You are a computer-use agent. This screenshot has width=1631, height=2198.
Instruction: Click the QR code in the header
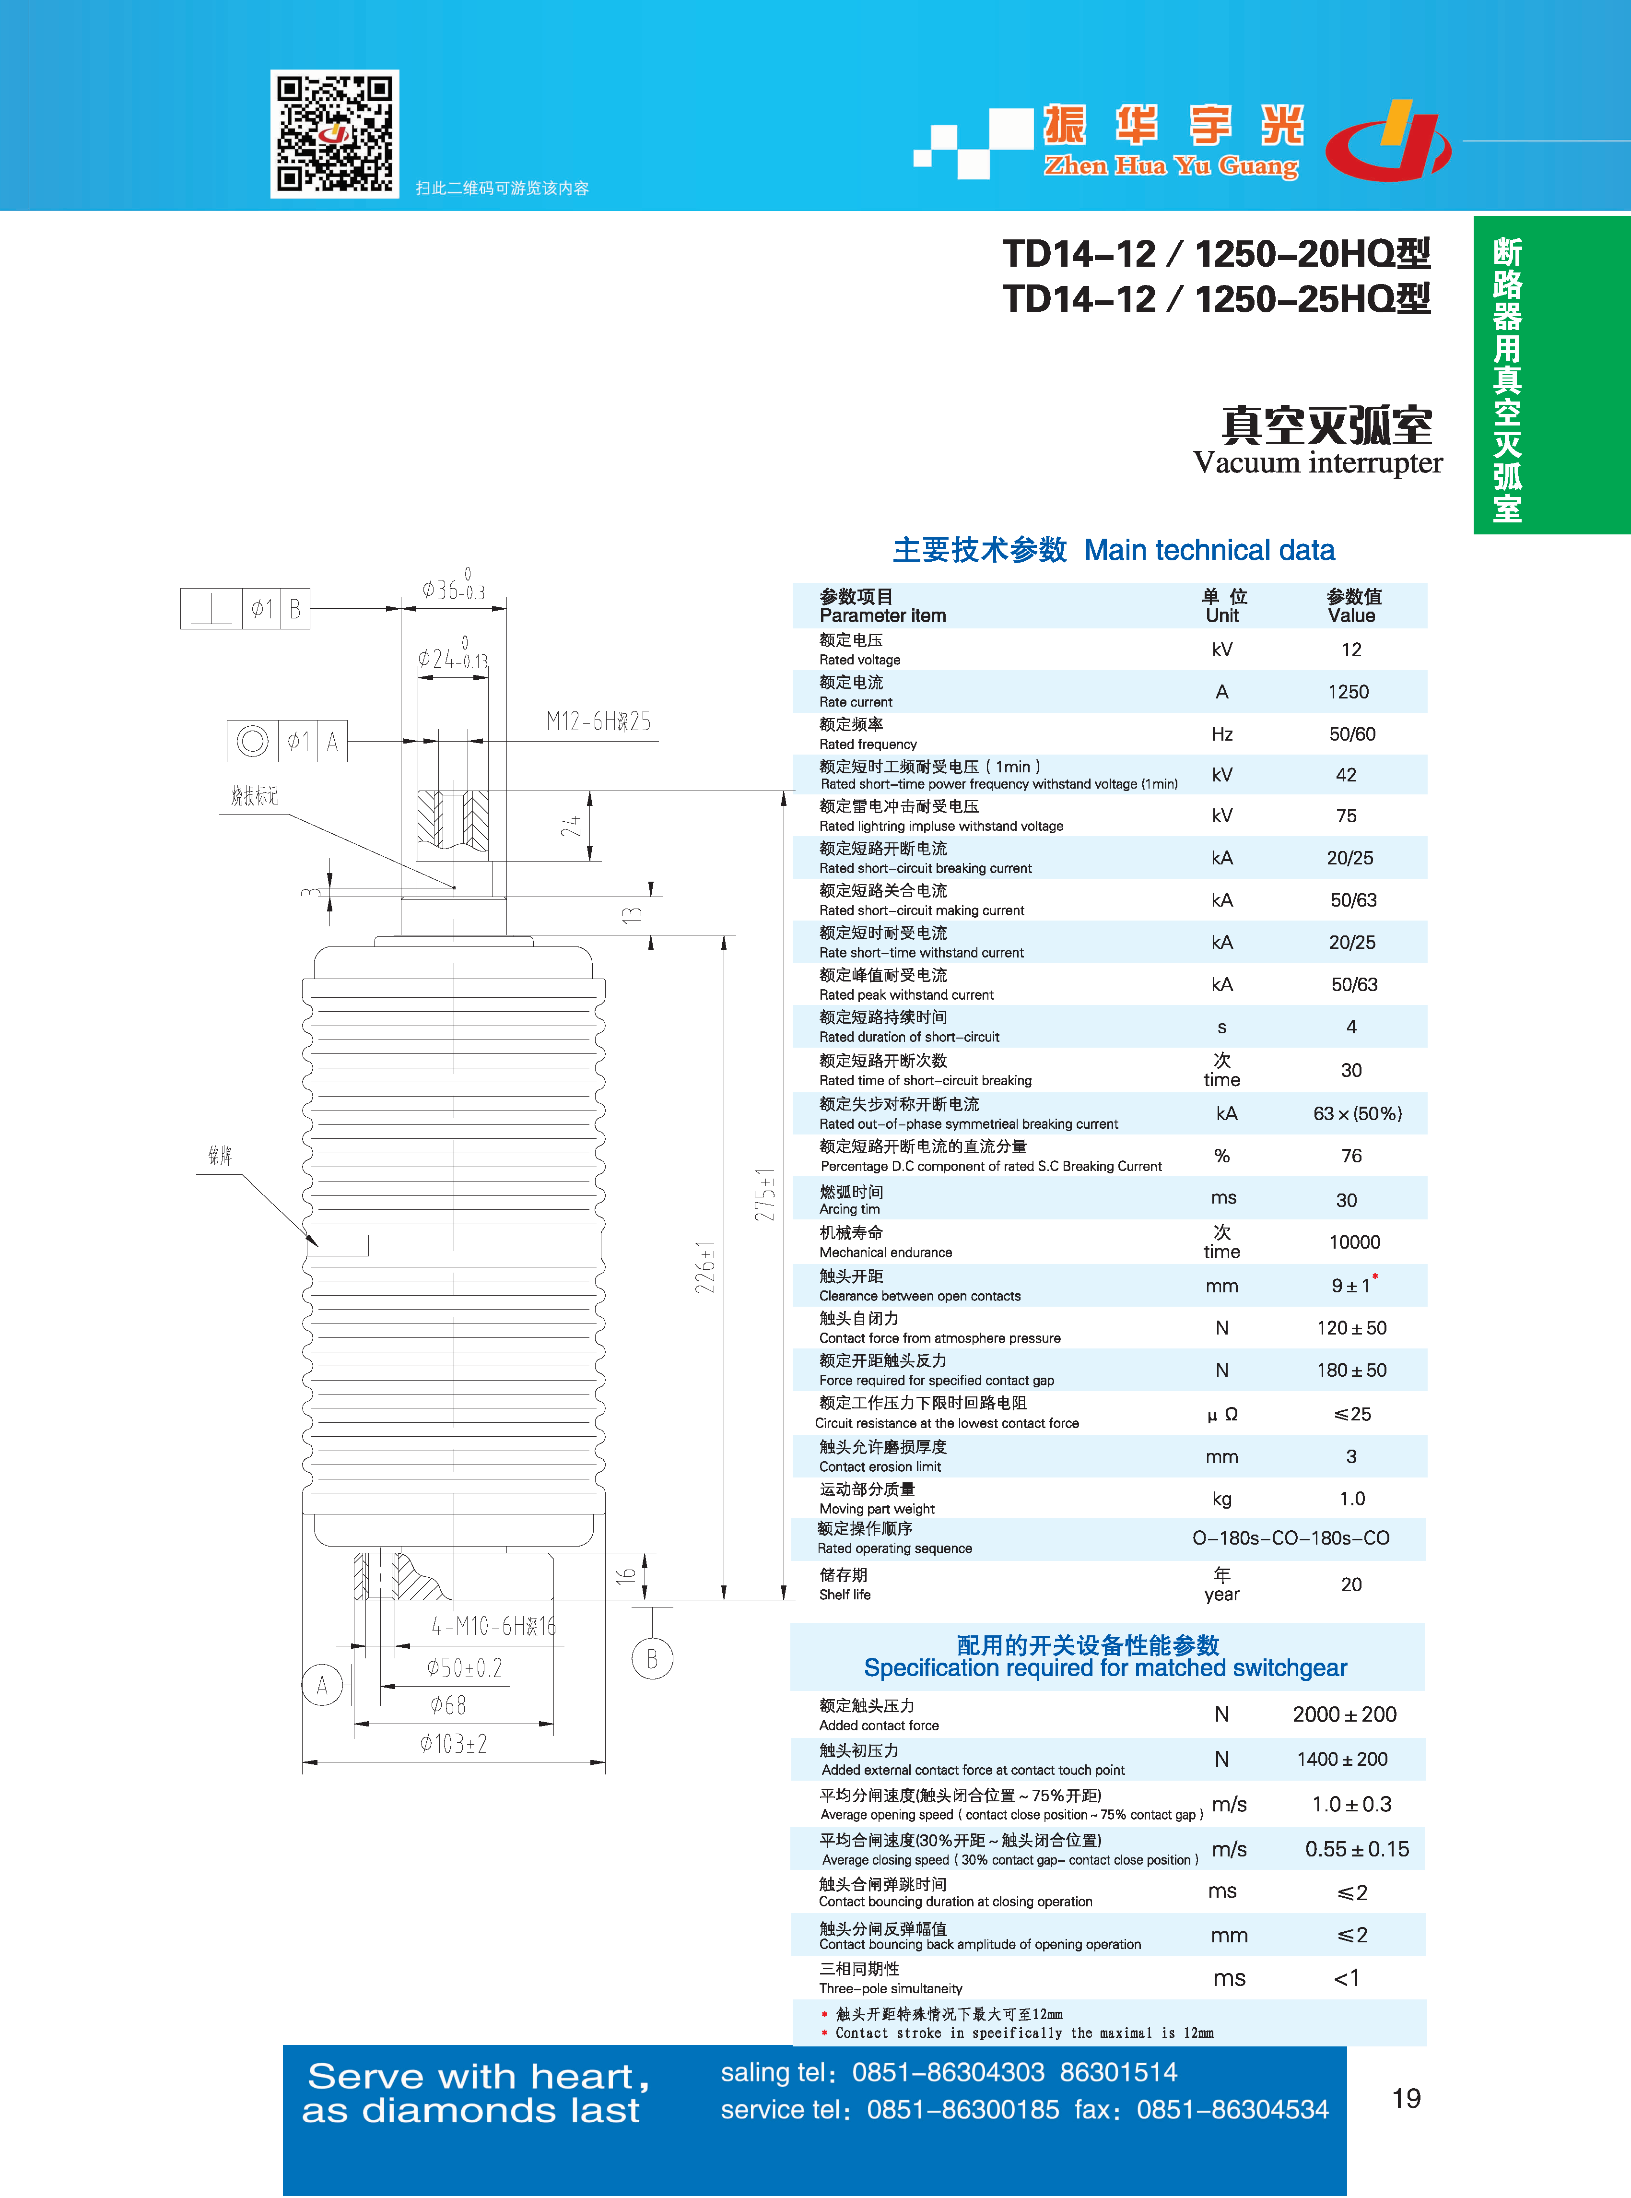(x=335, y=133)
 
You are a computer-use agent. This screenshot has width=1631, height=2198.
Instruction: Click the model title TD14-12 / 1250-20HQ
(x=1216, y=254)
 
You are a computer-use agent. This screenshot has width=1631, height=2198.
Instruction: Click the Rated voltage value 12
(x=1350, y=650)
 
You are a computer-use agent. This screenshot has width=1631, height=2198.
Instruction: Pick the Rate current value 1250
(x=1349, y=692)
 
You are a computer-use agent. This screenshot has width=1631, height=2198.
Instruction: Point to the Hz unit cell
(x=1222, y=733)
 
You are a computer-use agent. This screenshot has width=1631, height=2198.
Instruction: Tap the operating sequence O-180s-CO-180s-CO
(x=1291, y=1538)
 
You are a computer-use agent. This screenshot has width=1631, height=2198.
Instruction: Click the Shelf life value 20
(x=1351, y=1585)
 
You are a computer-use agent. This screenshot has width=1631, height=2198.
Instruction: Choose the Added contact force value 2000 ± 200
(x=1345, y=1715)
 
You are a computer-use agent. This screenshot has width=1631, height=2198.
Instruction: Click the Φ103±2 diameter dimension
(x=453, y=1745)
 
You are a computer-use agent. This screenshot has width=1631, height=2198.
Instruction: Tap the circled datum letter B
(x=652, y=1659)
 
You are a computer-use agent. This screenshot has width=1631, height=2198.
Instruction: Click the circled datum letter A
(x=322, y=1686)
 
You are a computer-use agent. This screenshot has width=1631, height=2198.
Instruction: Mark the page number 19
(x=1406, y=2098)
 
